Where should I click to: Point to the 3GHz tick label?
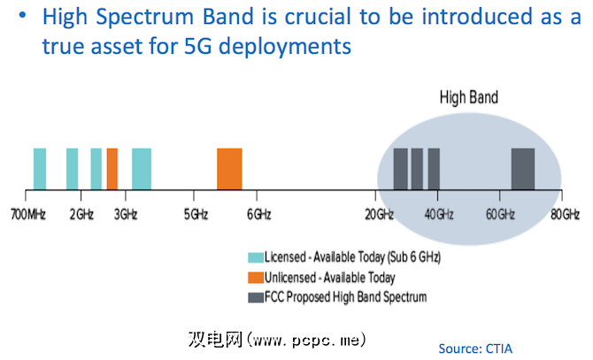pyautogui.click(x=125, y=214)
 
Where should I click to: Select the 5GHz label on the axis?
pyautogui.click(x=196, y=214)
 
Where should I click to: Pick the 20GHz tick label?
pyautogui.click(x=379, y=214)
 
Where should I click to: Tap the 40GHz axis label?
pyautogui.click(x=439, y=214)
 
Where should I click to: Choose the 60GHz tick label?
pyautogui.click(x=500, y=214)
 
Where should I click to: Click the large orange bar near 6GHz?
pyautogui.click(x=229, y=168)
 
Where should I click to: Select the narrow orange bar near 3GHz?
pyautogui.click(x=112, y=168)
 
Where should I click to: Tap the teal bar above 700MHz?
pyautogui.click(x=40, y=168)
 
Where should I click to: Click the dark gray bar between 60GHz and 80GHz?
pyautogui.click(x=523, y=168)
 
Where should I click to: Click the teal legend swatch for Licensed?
pyautogui.click(x=256, y=257)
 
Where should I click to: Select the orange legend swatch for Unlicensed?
pyautogui.click(x=256, y=277)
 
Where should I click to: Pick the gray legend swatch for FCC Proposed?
pyautogui.click(x=256, y=296)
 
